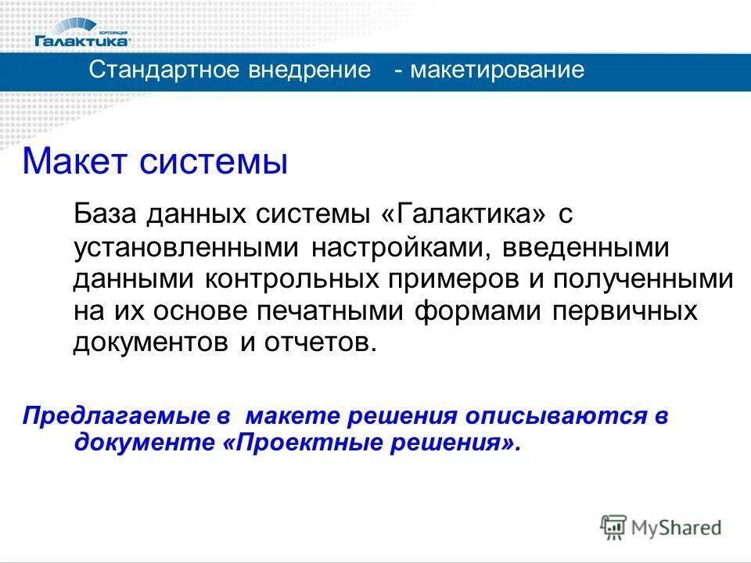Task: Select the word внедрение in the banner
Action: [310, 70]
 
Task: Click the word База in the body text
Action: [102, 213]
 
